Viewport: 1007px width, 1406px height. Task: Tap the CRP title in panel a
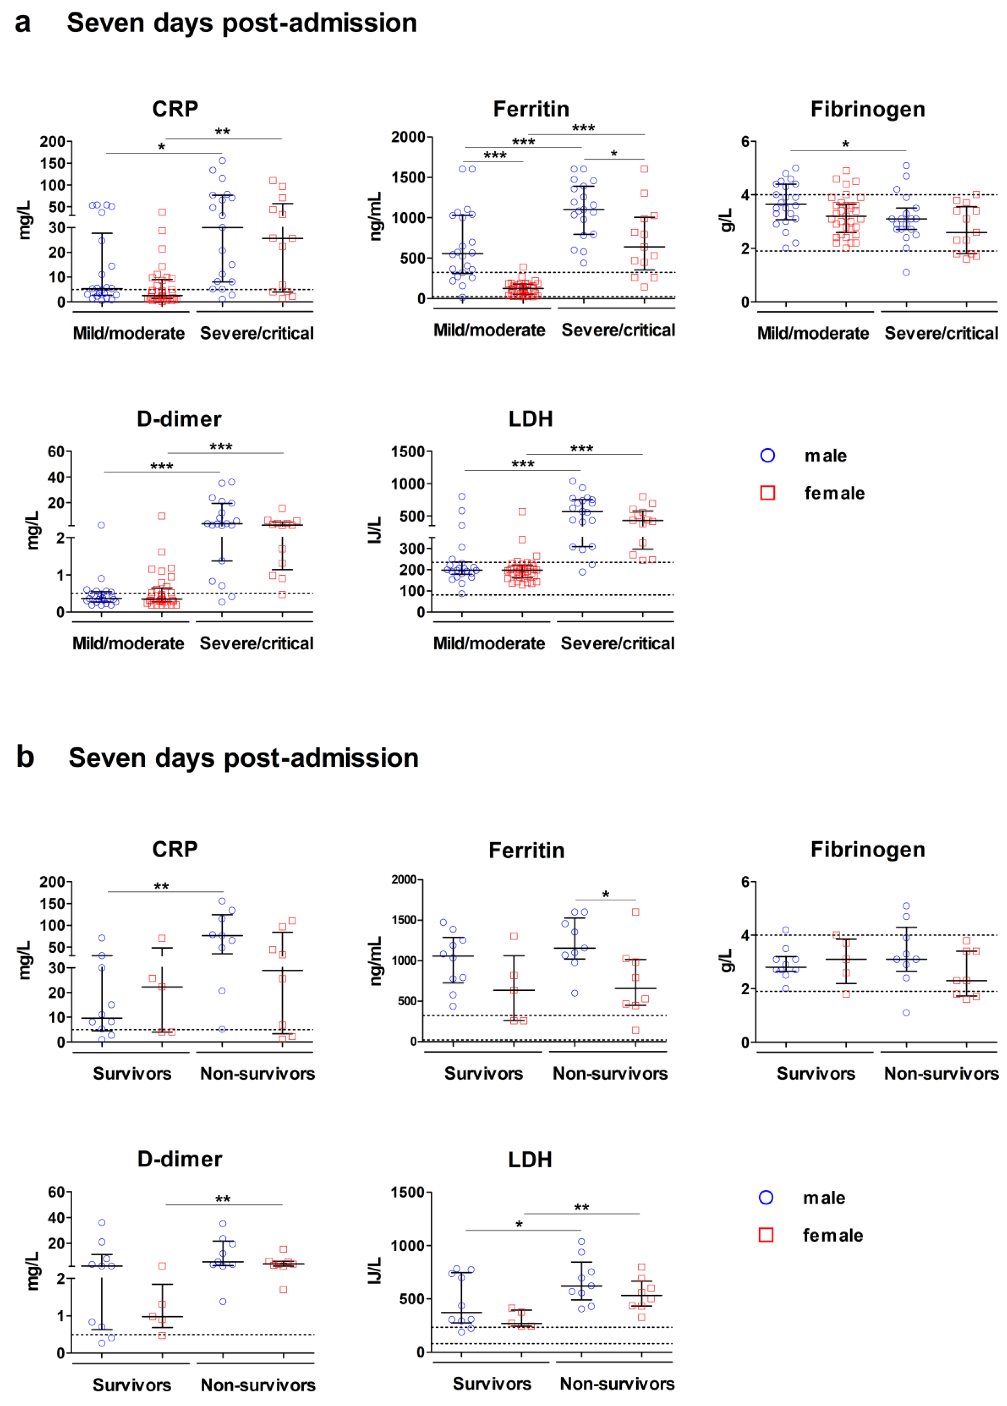point(175,109)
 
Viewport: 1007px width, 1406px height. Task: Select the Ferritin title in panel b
point(526,850)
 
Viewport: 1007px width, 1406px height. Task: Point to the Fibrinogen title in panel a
point(867,109)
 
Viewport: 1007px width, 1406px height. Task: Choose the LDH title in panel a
point(530,419)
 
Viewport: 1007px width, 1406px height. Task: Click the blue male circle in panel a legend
point(767,456)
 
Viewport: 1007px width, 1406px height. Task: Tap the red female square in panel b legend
point(766,1235)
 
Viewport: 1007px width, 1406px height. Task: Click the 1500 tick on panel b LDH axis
point(407,1193)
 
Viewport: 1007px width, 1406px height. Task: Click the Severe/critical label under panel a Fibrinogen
point(941,334)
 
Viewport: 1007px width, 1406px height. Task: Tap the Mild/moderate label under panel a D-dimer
point(128,644)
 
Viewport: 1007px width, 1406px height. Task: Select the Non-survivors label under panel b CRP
point(257,1074)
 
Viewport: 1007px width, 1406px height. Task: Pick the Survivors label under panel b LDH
point(491,1384)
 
